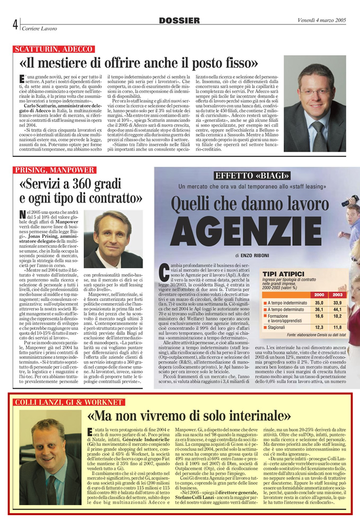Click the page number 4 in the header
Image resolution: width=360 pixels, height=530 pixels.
point(16,24)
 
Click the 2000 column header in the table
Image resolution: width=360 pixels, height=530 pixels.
point(320,294)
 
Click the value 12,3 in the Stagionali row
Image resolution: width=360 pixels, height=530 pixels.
point(320,328)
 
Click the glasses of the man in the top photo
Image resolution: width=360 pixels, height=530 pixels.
point(314,91)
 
